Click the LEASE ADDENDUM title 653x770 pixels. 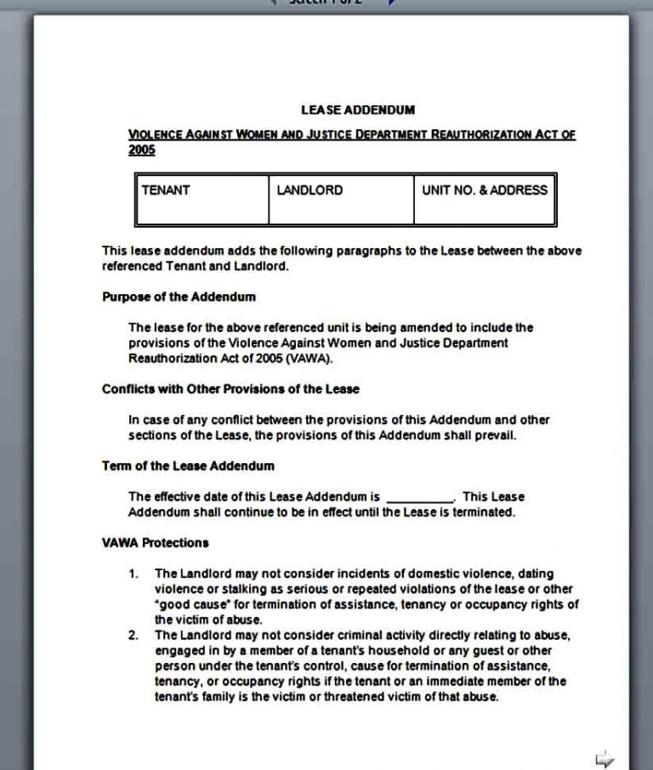tap(357, 110)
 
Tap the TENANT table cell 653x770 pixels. tap(202, 200)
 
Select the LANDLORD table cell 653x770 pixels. tap(341, 200)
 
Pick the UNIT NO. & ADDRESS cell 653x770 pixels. tap(485, 200)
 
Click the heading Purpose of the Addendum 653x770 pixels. tap(179, 297)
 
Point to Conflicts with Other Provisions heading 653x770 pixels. tap(230, 389)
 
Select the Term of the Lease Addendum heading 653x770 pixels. tap(188, 466)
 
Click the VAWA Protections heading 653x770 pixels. tap(155, 542)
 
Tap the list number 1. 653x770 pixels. tap(133, 574)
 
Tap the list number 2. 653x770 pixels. tap(133, 635)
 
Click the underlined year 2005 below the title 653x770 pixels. tap(142, 150)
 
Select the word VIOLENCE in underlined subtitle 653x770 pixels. tap(156, 134)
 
